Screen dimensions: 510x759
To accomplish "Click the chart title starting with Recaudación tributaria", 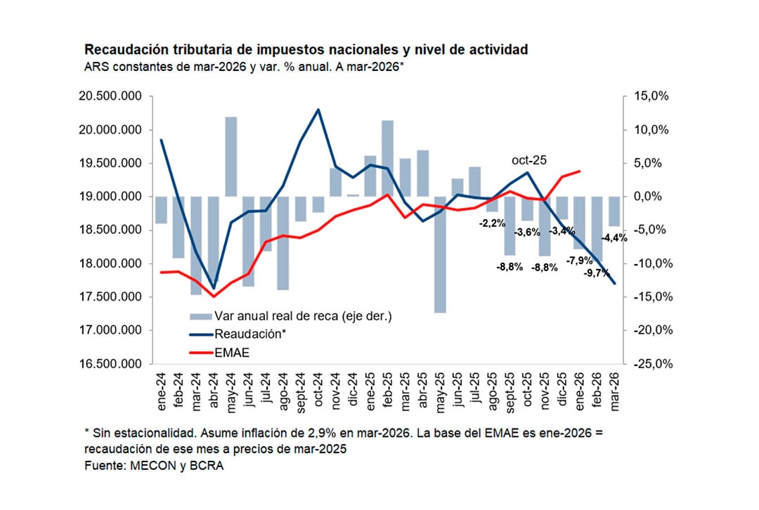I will (306, 50).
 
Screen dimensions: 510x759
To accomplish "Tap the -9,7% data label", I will (597, 273).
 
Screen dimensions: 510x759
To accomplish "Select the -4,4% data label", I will (615, 237).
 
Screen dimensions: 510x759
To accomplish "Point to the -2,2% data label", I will (492, 223).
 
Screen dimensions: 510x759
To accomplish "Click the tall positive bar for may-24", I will (230, 157).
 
